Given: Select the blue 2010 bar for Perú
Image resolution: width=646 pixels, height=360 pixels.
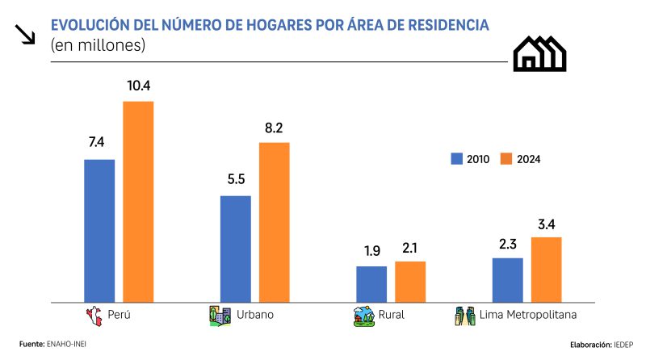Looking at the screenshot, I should [x=99, y=229].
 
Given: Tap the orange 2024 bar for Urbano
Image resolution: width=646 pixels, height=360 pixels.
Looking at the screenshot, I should [x=274, y=221].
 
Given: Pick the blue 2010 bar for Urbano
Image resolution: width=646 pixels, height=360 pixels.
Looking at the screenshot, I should [x=235, y=248].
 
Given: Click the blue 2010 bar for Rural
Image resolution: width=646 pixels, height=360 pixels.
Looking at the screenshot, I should [x=371, y=283].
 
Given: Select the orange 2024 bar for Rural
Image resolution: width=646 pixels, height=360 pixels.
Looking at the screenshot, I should [x=410, y=281].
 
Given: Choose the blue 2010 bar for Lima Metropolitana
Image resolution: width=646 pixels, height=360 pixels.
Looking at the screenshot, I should [x=507, y=279].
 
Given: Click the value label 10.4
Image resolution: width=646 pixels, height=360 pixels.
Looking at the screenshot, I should [x=138, y=85].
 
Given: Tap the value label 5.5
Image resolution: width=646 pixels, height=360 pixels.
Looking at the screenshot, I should [x=236, y=179].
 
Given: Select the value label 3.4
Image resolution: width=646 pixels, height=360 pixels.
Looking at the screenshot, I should [x=546, y=222].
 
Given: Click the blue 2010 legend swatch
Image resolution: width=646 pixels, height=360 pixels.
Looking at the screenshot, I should [x=455, y=158].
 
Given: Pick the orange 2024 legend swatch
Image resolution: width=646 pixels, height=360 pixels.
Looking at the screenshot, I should [x=506, y=158].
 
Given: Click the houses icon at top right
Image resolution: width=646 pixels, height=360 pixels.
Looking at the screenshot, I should [x=539, y=53].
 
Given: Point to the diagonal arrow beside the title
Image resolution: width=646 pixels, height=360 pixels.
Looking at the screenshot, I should [x=27, y=33].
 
